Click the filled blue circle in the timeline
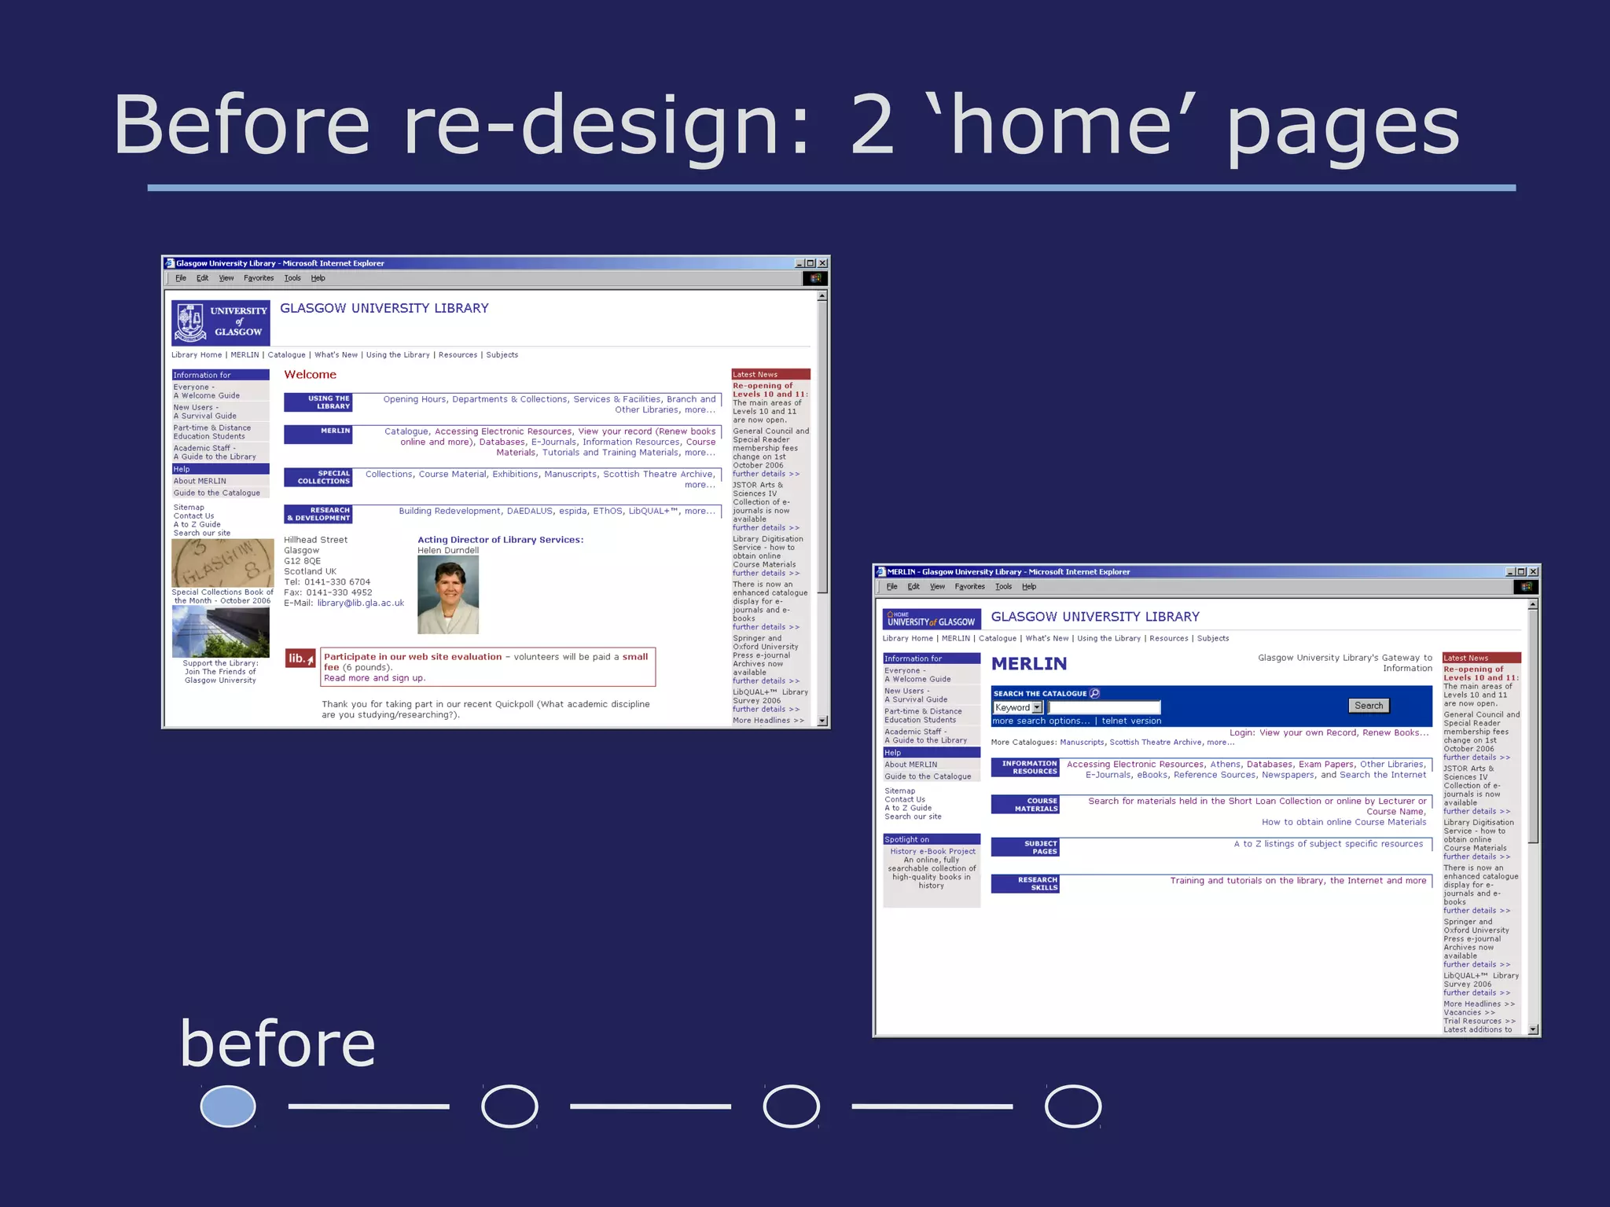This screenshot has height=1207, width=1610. (x=228, y=1106)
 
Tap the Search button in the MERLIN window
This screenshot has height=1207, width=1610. (x=1369, y=706)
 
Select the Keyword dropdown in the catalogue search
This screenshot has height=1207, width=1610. (x=1018, y=707)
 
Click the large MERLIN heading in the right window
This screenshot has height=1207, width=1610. (x=1029, y=664)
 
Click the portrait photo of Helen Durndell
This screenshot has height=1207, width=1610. (x=448, y=595)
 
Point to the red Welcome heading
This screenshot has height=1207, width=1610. (x=310, y=375)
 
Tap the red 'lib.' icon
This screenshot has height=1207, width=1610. (x=300, y=659)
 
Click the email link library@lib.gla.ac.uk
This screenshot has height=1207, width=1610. (x=361, y=603)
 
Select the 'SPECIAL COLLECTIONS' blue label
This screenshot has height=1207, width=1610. (x=318, y=477)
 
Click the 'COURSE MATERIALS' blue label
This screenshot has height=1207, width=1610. (x=1025, y=805)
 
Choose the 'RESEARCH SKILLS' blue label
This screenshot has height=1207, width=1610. (x=1025, y=884)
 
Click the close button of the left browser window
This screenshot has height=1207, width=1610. (x=822, y=263)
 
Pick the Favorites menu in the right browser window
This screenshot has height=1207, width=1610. (x=969, y=586)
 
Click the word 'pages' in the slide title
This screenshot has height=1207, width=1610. (x=1343, y=126)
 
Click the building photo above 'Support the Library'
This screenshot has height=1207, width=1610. (x=221, y=632)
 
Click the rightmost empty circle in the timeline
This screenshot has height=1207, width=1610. (x=1073, y=1106)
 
